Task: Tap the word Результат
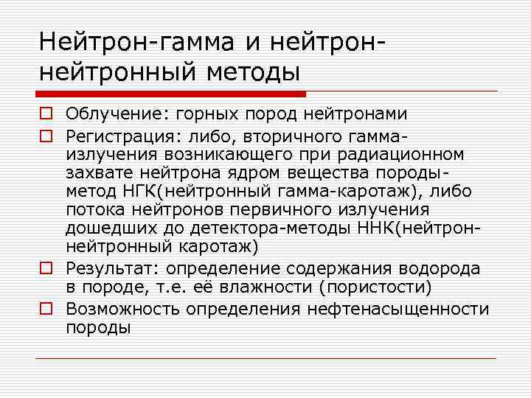click(105, 269)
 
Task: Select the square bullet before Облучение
click(46, 114)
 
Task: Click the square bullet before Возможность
click(46, 307)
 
